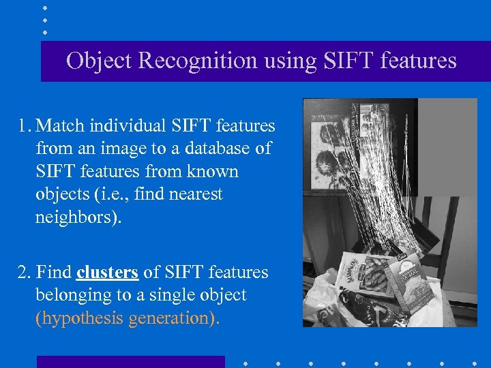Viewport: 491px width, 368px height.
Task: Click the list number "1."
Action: pos(25,125)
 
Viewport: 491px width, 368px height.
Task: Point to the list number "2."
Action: pos(25,273)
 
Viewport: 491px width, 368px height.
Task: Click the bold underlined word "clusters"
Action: pos(108,273)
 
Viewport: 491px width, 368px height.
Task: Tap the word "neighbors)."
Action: pos(78,217)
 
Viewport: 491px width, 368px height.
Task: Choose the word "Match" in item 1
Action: pos(63,125)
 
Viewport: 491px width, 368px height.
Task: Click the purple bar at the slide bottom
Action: pos(130,362)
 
